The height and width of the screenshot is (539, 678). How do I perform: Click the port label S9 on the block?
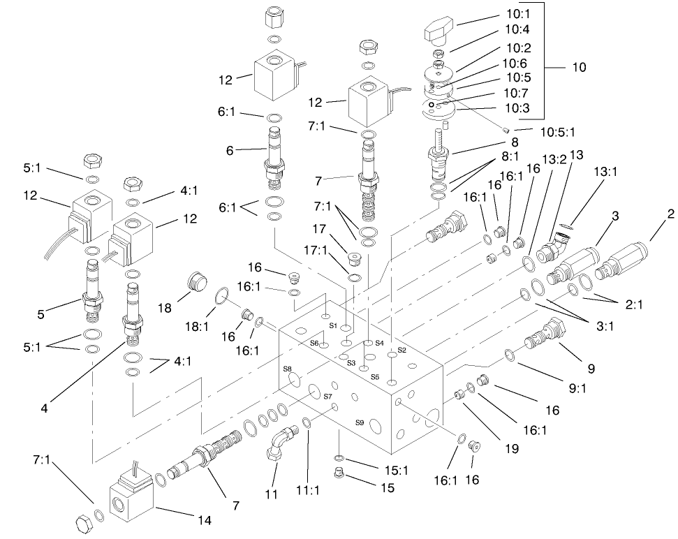click(360, 422)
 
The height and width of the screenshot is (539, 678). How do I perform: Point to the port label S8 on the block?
click(287, 369)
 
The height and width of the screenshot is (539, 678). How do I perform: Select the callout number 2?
click(670, 215)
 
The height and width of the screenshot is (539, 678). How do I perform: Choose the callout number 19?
click(511, 449)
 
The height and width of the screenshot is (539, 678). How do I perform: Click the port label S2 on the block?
click(401, 350)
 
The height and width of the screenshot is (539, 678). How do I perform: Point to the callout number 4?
click(44, 409)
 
